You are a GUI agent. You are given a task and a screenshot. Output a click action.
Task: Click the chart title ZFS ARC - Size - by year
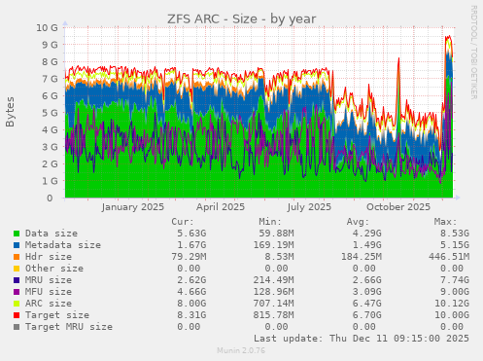coord(241,18)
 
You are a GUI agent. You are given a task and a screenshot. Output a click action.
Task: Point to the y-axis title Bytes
coord(11,112)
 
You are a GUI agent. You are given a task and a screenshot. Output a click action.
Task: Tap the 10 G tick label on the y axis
coord(47,28)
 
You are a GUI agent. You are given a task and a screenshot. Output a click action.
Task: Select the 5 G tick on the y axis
coord(51,113)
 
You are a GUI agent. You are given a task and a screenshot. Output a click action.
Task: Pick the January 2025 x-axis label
coord(133,207)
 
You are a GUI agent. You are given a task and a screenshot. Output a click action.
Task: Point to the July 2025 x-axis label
coord(310,207)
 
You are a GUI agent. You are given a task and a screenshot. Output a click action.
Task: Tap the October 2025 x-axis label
coord(398,207)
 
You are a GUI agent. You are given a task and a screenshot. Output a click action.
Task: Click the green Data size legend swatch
coord(17,234)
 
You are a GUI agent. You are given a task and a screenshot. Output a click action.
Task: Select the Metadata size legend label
coord(62,245)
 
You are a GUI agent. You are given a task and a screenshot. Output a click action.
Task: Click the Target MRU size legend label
coord(68,327)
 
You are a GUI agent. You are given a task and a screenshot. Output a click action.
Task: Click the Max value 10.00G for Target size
coord(451,315)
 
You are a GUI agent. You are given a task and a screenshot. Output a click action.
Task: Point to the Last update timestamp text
coord(362,339)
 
